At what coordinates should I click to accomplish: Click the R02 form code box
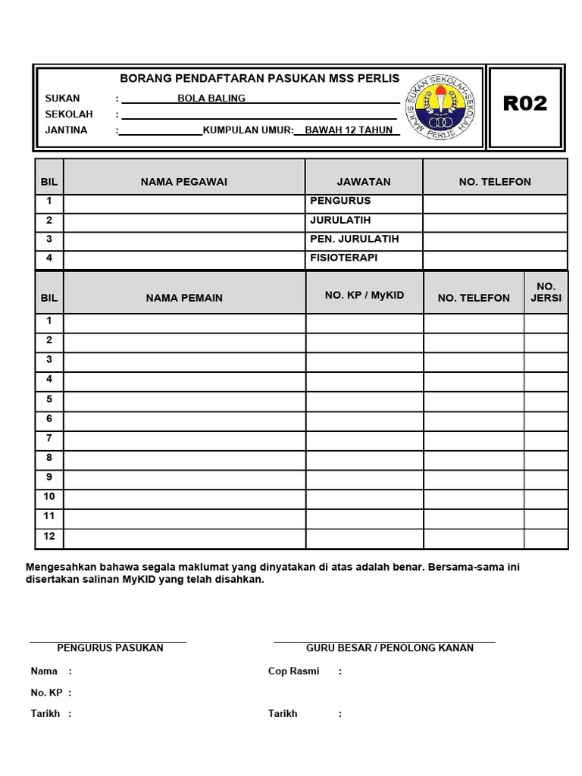pyautogui.click(x=525, y=105)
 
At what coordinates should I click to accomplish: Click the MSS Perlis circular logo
pyautogui.click(x=440, y=108)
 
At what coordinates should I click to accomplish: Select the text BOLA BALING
pyautogui.click(x=211, y=98)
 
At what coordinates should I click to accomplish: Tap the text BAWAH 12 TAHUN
pyautogui.click(x=349, y=130)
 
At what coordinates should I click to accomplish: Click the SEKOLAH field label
pyautogui.click(x=69, y=114)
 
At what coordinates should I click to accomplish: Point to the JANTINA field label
pyautogui.click(x=67, y=130)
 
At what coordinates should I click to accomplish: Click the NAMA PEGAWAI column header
pyautogui.click(x=184, y=181)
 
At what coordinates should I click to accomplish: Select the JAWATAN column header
pyautogui.click(x=364, y=181)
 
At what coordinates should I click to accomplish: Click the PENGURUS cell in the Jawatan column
pyautogui.click(x=341, y=201)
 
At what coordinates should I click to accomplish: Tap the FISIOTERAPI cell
pyautogui.click(x=344, y=258)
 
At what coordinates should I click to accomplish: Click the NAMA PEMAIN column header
pyautogui.click(x=184, y=298)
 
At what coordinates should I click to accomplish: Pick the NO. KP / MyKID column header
pyautogui.click(x=365, y=295)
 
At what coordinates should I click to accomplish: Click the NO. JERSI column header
pyautogui.click(x=546, y=292)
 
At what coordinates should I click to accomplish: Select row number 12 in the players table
pyautogui.click(x=49, y=536)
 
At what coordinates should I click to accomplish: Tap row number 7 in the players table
pyautogui.click(x=49, y=437)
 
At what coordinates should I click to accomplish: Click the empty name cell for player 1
pyautogui.click(x=184, y=323)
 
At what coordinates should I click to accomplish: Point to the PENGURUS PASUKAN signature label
pyautogui.click(x=111, y=648)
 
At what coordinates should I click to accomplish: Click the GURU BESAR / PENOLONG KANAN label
pyautogui.click(x=390, y=648)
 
